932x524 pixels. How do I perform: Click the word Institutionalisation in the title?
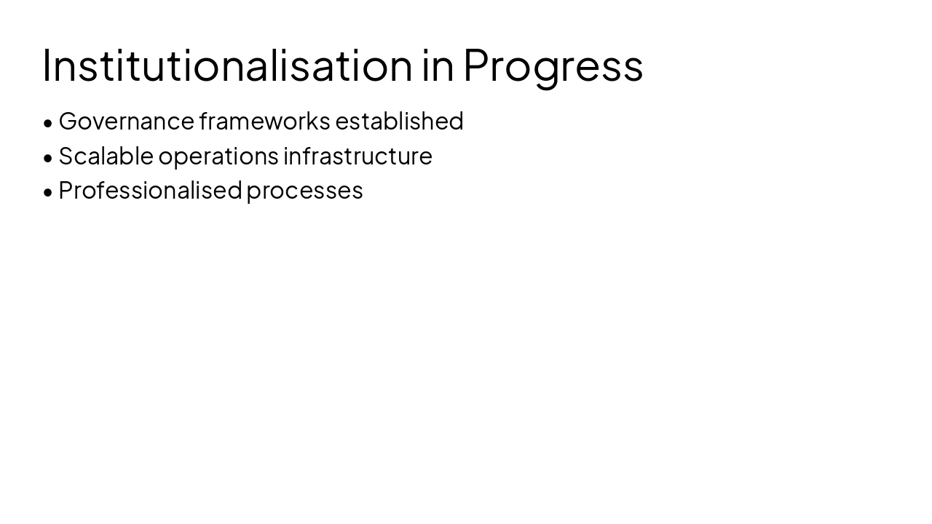[x=227, y=65]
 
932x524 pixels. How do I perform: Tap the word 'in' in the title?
[x=438, y=65]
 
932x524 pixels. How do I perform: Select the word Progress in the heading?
[x=553, y=65]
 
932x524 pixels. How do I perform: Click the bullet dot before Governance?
[x=48, y=123]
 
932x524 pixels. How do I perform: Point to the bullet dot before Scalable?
[x=48, y=157]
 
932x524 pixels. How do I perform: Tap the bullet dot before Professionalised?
[x=48, y=192]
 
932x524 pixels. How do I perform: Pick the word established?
[x=399, y=121]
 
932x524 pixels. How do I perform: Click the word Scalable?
[x=106, y=156]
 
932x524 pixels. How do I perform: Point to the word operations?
[x=218, y=156]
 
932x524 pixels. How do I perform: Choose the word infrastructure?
[x=358, y=156]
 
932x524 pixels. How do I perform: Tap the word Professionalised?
[x=149, y=190]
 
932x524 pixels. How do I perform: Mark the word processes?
[x=304, y=190]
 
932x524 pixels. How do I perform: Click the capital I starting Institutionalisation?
[x=45, y=65]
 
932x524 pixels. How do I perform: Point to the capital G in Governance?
[x=68, y=121]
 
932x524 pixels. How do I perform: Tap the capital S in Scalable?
[x=66, y=156]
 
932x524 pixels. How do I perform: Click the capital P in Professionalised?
[x=66, y=190]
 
